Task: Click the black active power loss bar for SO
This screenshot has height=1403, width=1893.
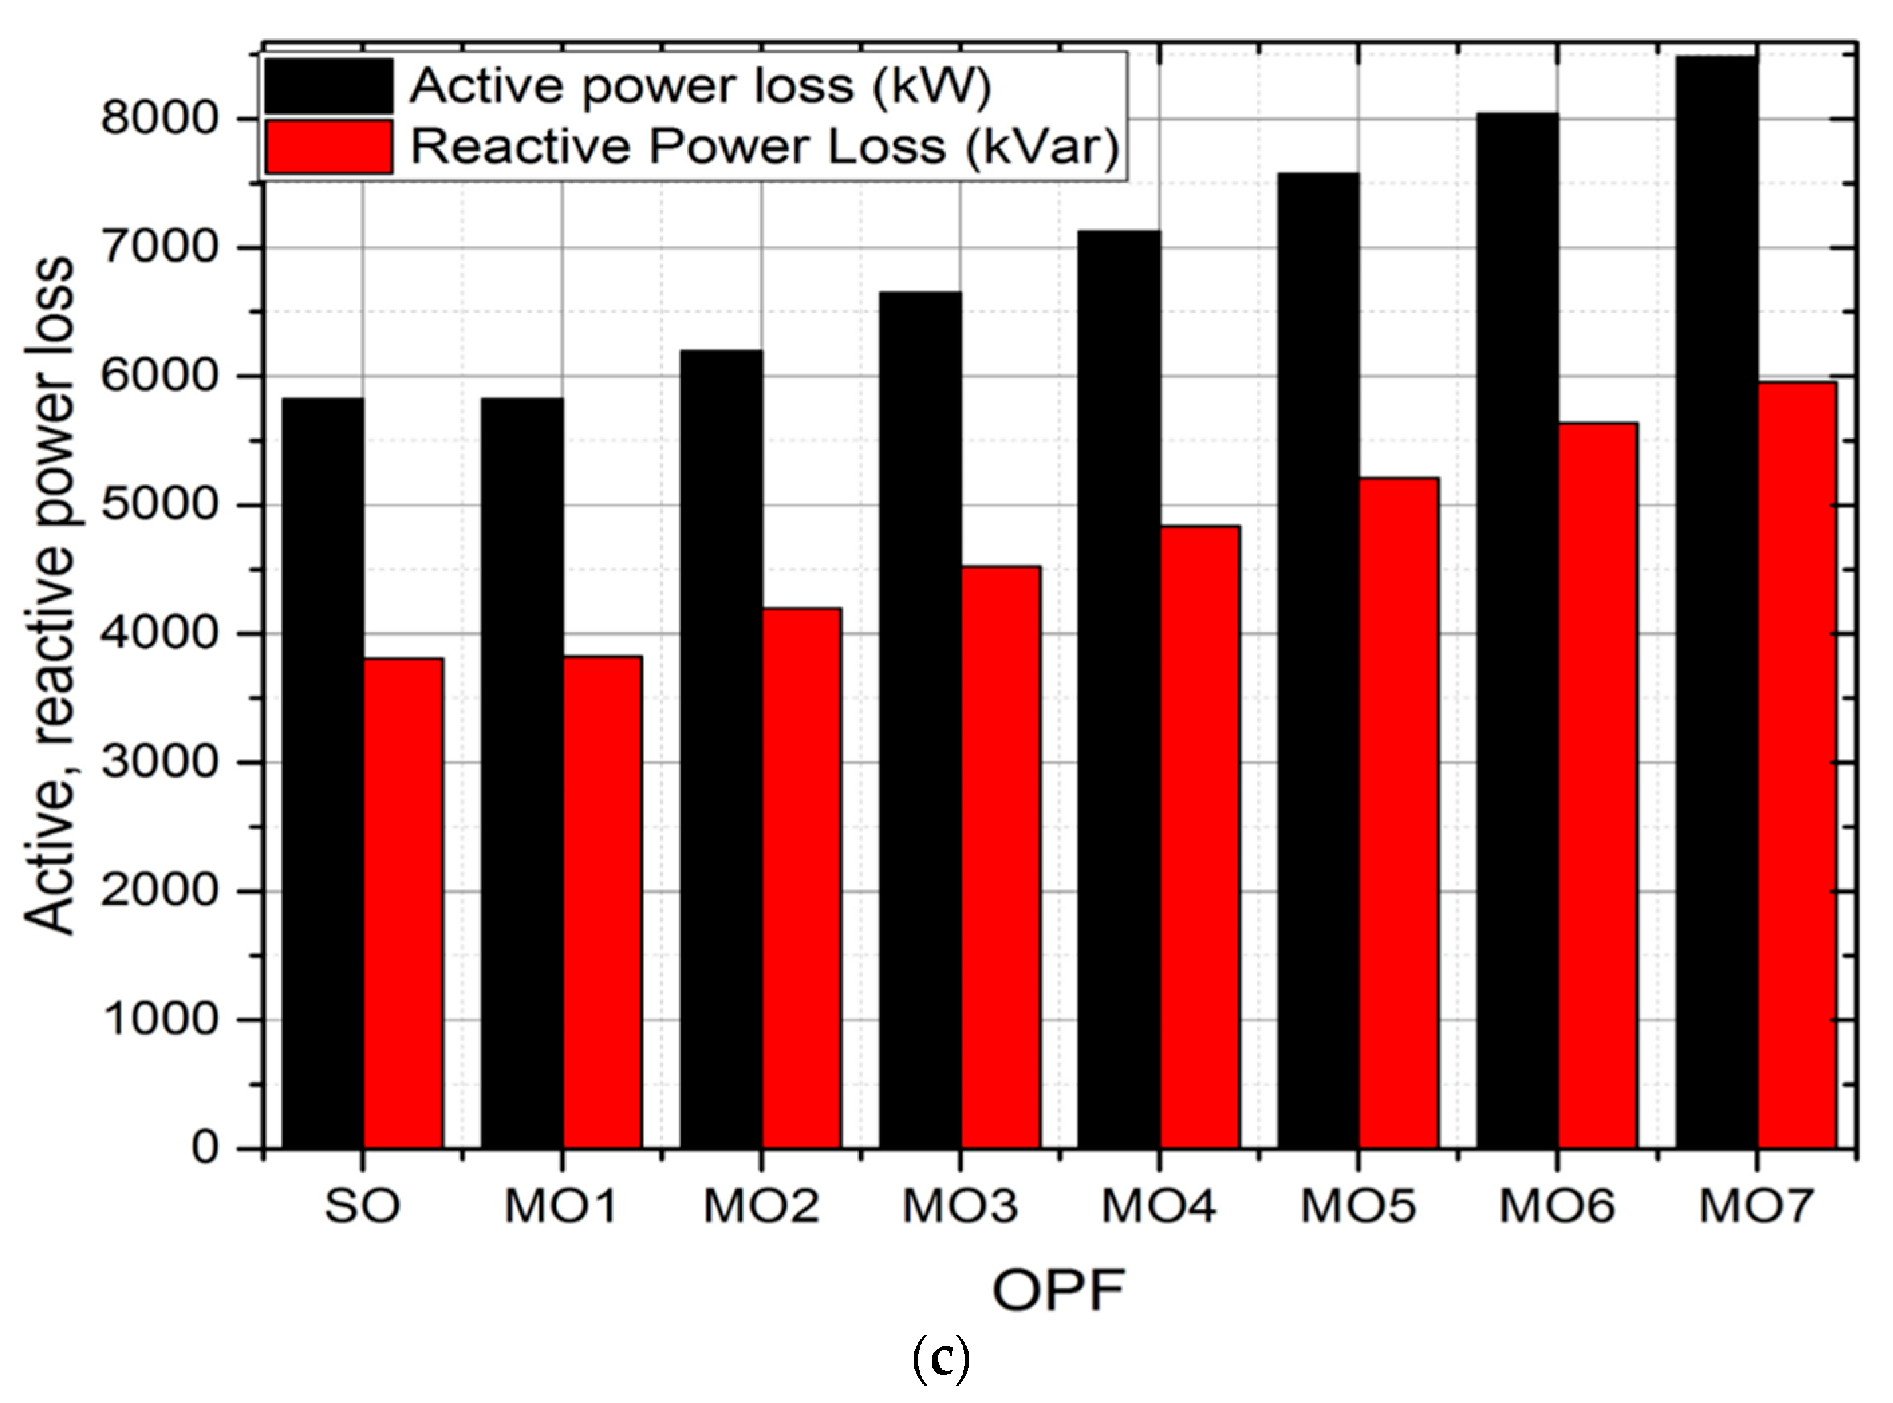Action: pos(323,773)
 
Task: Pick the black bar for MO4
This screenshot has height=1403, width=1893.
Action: pos(1119,688)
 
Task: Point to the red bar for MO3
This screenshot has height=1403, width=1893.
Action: pos(1001,857)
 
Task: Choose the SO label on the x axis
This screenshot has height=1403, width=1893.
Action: pos(362,1206)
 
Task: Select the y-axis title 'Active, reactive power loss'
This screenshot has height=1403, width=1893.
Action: pos(50,595)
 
